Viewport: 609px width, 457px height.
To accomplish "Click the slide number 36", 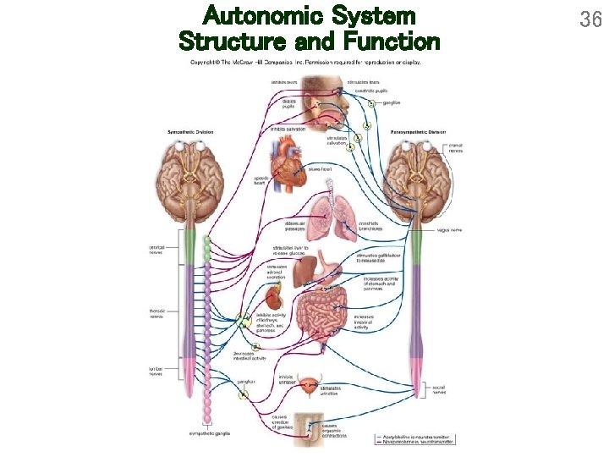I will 590,19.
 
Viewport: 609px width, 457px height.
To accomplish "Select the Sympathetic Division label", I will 190,132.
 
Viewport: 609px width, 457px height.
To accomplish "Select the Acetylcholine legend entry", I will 412,436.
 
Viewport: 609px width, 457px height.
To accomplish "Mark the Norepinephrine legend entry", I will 412,442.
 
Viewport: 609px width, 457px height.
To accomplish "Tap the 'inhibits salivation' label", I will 288,129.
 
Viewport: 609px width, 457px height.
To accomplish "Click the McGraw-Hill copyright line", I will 305,62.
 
